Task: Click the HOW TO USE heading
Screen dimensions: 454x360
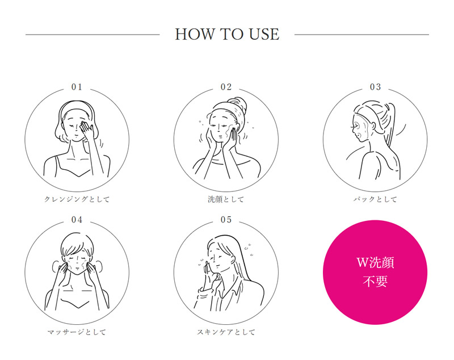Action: tap(227, 34)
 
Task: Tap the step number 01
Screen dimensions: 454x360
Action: tap(77, 87)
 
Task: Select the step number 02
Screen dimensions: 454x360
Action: tap(226, 87)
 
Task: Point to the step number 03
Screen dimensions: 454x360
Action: tap(375, 87)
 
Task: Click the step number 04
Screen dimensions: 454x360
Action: tap(77, 220)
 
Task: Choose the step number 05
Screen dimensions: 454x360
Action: tap(226, 220)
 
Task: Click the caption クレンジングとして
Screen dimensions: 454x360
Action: tap(77, 199)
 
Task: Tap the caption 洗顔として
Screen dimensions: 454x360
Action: tap(226, 199)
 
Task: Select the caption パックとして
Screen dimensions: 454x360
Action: tap(375, 199)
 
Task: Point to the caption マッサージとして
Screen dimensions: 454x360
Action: tap(77, 332)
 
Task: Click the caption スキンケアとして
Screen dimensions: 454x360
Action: tap(226, 332)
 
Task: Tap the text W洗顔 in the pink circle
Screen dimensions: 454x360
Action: tap(375, 262)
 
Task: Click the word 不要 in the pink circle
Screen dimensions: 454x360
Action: tap(375, 281)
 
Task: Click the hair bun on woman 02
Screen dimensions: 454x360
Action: tap(238, 104)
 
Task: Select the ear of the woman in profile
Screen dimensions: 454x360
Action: tap(373, 127)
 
